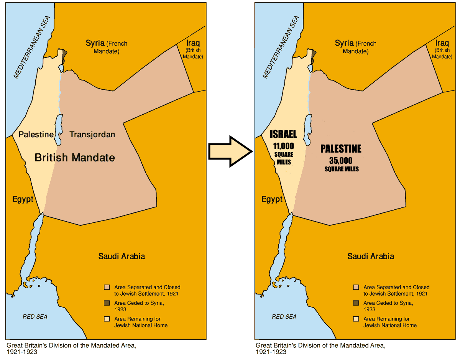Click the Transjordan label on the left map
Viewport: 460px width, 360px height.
pyautogui.click(x=92, y=135)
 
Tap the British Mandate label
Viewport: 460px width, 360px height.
pyautogui.click(x=75, y=157)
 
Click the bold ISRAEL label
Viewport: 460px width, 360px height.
pyautogui.click(x=283, y=134)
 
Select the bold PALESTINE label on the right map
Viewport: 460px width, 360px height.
pyautogui.click(x=341, y=149)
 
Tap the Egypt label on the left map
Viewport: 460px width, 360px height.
pyautogui.click(x=23, y=199)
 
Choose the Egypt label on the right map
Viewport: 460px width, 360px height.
pyautogui.click(x=272, y=199)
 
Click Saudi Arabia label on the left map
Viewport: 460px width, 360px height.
pyautogui.click(x=122, y=256)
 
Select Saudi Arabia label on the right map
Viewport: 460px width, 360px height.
pyautogui.click(x=371, y=256)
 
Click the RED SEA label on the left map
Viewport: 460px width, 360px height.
pyautogui.click(x=35, y=317)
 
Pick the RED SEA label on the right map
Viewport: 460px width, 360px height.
pyautogui.click(x=284, y=317)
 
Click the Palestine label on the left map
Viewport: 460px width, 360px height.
pyautogui.click(x=36, y=135)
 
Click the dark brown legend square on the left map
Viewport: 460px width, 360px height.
pyautogui.click(x=107, y=303)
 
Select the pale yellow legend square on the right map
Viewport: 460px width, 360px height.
pyautogui.click(x=356, y=319)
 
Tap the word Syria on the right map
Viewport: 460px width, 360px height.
pyautogui.click(x=344, y=43)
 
